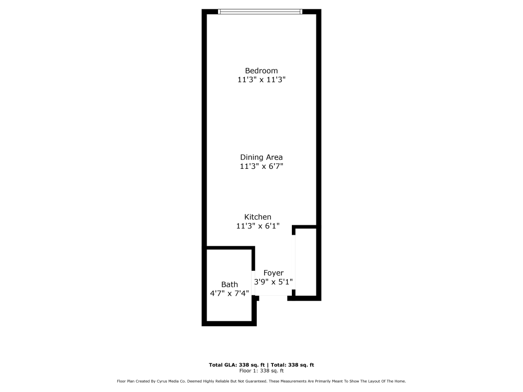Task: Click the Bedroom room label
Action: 261,71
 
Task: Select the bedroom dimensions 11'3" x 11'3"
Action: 261,80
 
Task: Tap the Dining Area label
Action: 261,157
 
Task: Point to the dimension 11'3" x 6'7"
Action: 261,166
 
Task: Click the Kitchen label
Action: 257,217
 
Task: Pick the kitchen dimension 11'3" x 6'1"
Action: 257,226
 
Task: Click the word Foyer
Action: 273,273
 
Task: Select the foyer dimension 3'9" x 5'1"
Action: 273,282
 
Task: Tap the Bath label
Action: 229,284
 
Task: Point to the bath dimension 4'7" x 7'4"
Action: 229,293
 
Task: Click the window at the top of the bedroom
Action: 260,11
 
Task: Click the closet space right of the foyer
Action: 306,261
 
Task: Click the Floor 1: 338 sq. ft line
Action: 261,370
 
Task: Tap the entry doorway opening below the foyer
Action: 273,297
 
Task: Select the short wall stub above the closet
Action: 304,227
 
